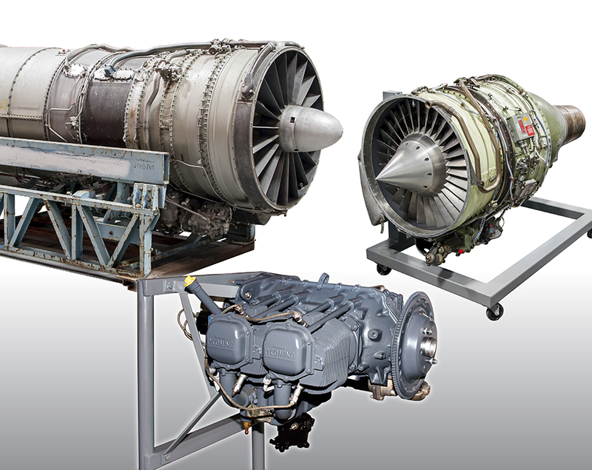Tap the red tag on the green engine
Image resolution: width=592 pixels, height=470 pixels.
click(x=528, y=127)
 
